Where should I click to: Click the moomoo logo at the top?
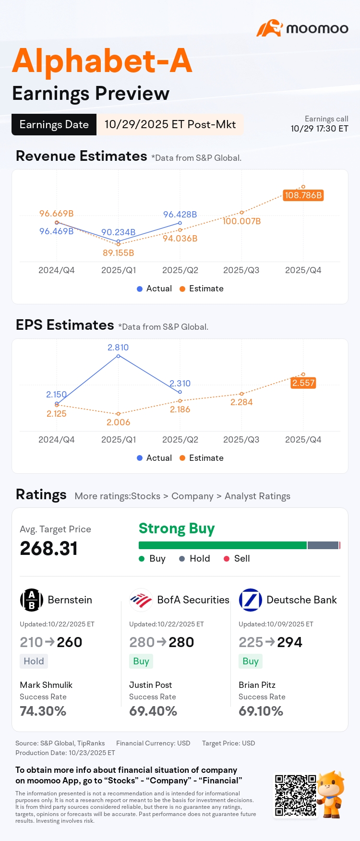click(x=302, y=28)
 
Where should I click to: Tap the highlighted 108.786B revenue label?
click(x=303, y=195)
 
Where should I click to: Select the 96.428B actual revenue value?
click(x=180, y=215)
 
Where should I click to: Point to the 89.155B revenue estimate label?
click(x=119, y=253)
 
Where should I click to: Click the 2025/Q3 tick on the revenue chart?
click(x=241, y=270)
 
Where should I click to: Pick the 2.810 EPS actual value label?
click(x=118, y=348)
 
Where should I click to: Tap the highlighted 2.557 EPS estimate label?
click(x=303, y=383)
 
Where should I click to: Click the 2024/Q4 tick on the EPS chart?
click(x=57, y=440)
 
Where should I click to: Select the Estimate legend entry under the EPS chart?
click(x=202, y=458)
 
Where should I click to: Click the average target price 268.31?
click(x=49, y=549)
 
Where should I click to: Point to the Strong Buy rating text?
click(x=177, y=529)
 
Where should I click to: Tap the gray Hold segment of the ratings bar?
click(x=323, y=545)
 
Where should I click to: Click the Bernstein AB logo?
click(x=32, y=600)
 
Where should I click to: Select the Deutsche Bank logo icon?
click(x=251, y=600)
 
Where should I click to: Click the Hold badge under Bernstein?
click(x=34, y=661)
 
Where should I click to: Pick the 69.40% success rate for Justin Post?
click(x=153, y=711)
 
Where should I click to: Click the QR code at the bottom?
click(x=296, y=795)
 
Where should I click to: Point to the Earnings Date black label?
click(x=54, y=125)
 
